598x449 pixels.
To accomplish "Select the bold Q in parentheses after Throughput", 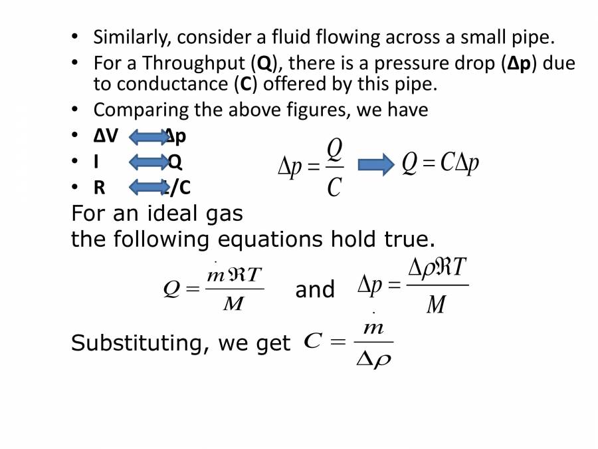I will click(x=264, y=64).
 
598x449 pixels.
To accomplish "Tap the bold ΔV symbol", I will click(x=106, y=136).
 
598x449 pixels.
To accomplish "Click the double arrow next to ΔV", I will click(x=148, y=137).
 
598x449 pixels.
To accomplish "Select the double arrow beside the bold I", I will click(x=148, y=162).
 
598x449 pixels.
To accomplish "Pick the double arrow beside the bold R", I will click(x=148, y=188).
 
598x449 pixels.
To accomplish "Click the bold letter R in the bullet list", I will click(x=100, y=188).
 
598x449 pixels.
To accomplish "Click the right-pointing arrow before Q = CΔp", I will click(x=371, y=164).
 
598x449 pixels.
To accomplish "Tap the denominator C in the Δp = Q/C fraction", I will click(x=334, y=188).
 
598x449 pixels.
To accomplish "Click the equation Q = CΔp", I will click(x=440, y=164).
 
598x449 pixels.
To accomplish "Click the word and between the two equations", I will click(x=315, y=290).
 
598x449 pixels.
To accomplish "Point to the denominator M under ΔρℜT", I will click(x=436, y=305).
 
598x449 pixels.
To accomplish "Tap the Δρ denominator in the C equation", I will click(x=374, y=360).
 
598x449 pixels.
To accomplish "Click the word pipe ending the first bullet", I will click(x=534, y=37).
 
